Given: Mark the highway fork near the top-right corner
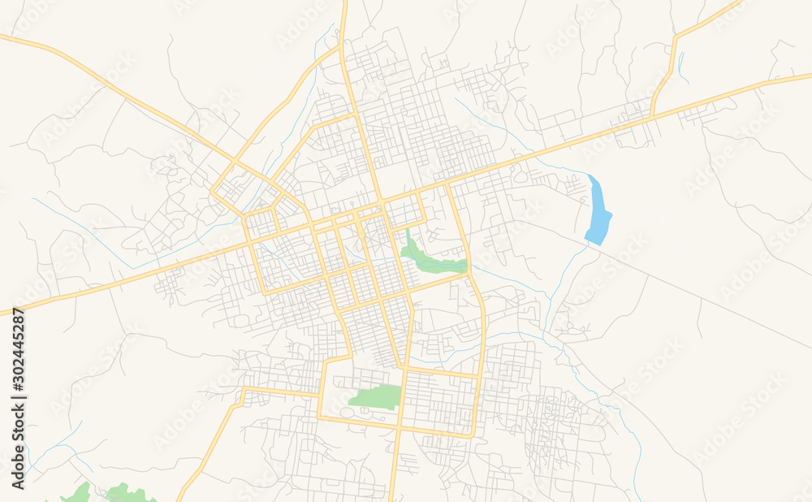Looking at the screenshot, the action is point(675,37).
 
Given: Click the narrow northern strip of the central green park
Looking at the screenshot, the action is point(408,236).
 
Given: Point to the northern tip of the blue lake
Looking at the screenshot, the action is point(590,176).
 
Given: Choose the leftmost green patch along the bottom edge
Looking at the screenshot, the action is point(79,493).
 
